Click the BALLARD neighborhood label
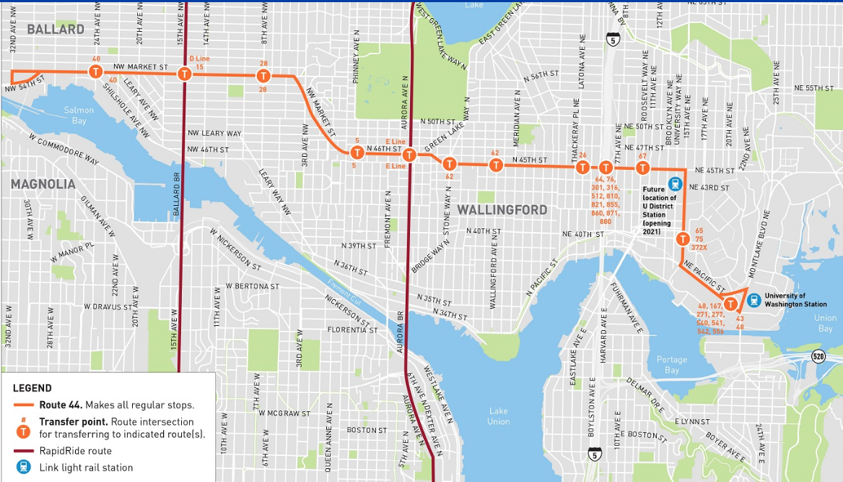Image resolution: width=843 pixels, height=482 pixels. click(x=56, y=30)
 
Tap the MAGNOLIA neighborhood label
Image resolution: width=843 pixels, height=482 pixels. click(x=43, y=184)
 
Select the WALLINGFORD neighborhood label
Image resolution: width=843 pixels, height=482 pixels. click(x=502, y=210)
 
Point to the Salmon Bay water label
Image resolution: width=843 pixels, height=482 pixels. click(x=79, y=116)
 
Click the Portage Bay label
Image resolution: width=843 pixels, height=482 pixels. click(x=671, y=365)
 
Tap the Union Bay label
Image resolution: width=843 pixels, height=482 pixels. click(x=825, y=323)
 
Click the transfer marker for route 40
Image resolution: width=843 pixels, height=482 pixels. click(x=95, y=71)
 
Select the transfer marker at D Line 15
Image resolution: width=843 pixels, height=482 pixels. click(x=185, y=74)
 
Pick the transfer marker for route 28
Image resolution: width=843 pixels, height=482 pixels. click(x=263, y=76)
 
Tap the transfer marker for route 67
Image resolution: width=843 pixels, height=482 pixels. click(x=642, y=168)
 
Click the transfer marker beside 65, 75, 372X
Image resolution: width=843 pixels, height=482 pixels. click(x=681, y=239)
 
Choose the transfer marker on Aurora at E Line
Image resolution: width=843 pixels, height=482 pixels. click(x=409, y=155)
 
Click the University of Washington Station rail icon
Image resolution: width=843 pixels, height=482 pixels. click(x=754, y=299)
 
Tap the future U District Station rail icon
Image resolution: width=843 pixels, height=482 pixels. click(x=675, y=184)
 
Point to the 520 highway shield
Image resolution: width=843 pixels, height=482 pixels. click(x=818, y=356)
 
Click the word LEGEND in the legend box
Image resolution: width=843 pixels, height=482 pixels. click(x=32, y=389)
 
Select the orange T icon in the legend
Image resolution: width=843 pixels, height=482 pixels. click(x=24, y=431)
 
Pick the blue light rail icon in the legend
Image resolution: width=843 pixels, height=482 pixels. click(x=24, y=467)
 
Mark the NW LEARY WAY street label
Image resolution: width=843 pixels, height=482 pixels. click(x=214, y=134)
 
